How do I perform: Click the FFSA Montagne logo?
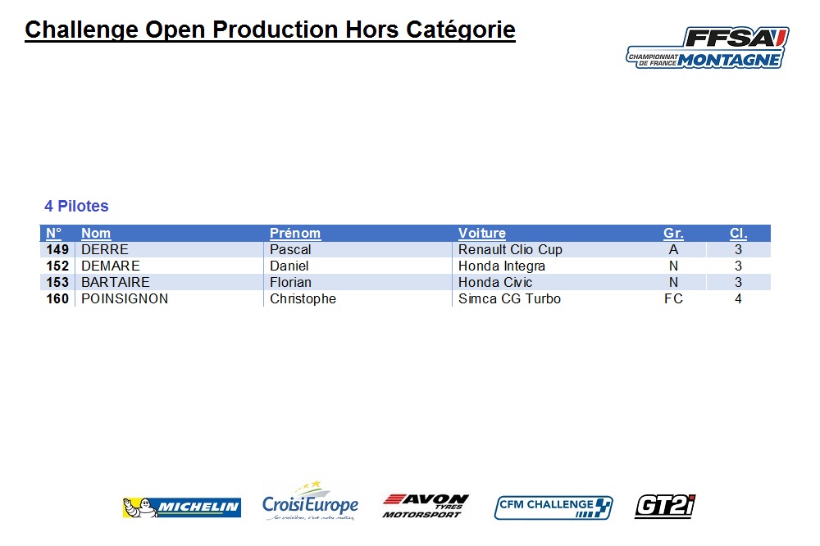pos(708,48)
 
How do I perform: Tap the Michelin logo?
pos(182,507)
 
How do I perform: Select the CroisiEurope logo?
pos(311,501)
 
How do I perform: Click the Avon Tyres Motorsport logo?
pos(426,506)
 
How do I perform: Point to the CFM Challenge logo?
pos(553,507)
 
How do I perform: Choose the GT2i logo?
pos(665,507)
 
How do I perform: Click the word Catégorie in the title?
pos(461,30)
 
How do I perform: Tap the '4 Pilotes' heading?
pos(76,206)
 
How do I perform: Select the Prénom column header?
pos(295,234)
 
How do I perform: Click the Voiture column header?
pos(482,234)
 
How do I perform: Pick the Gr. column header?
pos(673,234)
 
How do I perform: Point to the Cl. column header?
pos(739,234)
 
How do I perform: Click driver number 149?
pos(57,249)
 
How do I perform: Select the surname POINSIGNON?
pos(125,298)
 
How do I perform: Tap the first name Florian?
pos(290,282)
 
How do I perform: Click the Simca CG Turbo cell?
pos(509,298)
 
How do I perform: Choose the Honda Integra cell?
pos(502,266)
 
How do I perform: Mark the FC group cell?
pos(673,298)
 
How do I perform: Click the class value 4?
pos(739,298)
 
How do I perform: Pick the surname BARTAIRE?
pos(116,282)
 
